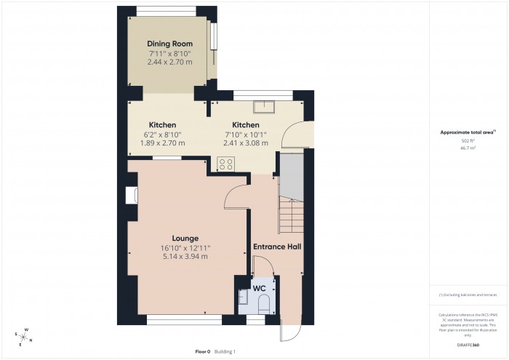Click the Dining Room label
(x=169, y=44)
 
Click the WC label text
(x=259, y=289)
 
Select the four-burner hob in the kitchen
(x=225, y=164)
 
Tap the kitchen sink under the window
(x=263, y=108)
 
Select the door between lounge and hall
(x=236, y=195)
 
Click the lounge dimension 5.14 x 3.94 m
(x=185, y=256)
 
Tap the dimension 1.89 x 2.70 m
(x=162, y=143)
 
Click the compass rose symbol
(x=24, y=337)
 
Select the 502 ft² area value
(x=467, y=140)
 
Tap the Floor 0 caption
(x=202, y=351)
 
